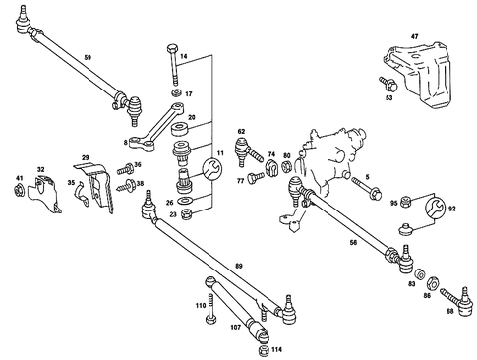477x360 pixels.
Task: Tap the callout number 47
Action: (414, 35)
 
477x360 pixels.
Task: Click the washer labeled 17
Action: (175, 93)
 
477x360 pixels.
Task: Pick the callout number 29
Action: (86, 157)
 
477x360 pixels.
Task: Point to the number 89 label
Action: (238, 265)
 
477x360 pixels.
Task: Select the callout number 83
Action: (412, 283)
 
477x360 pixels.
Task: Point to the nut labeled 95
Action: (405, 202)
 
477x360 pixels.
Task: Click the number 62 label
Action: (241, 131)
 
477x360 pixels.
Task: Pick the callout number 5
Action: (366, 177)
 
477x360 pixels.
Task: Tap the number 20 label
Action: (192, 117)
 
